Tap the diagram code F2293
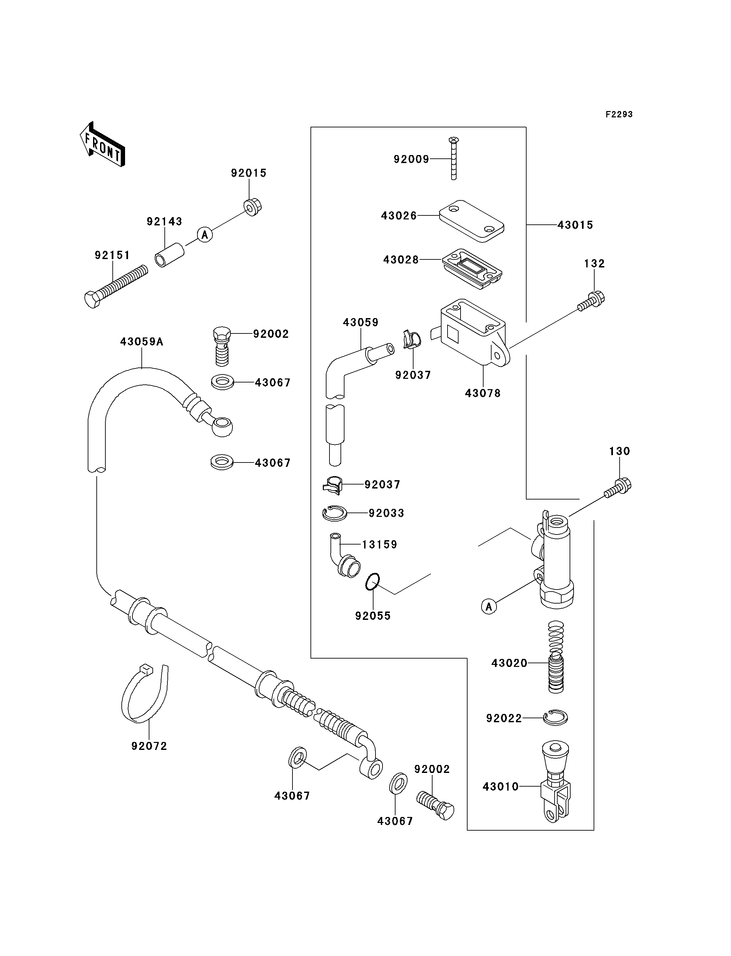click(x=619, y=114)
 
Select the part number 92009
click(x=411, y=159)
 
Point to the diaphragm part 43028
click(x=472, y=268)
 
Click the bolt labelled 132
click(x=591, y=301)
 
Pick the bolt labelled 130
click(x=618, y=488)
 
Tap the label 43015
click(x=575, y=225)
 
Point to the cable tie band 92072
click(x=144, y=694)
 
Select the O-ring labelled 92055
click(x=373, y=582)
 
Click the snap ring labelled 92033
click(x=334, y=514)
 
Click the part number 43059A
click(x=142, y=342)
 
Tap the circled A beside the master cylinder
click(x=489, y=606)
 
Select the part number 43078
click(x=483, y=393)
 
